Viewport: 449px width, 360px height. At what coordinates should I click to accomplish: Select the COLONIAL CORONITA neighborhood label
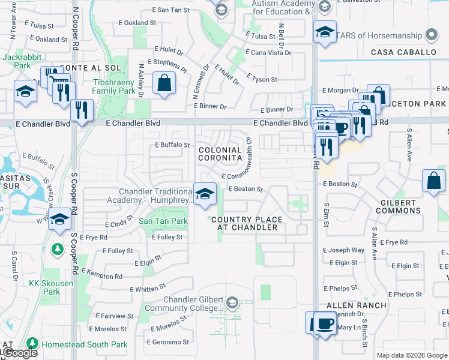[x=220, y=154]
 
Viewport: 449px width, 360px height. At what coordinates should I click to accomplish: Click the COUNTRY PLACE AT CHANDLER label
[x=245, y=224]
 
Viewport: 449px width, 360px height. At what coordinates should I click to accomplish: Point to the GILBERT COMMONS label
[x=396, y=206]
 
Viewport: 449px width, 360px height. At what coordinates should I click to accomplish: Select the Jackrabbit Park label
[x=16, y=61]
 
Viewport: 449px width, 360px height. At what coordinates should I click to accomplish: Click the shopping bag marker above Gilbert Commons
[x=433, y=181]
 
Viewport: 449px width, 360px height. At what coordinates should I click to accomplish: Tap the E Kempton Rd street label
[x=102, y=275]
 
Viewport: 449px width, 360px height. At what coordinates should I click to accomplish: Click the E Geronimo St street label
[x=169, y=342]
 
